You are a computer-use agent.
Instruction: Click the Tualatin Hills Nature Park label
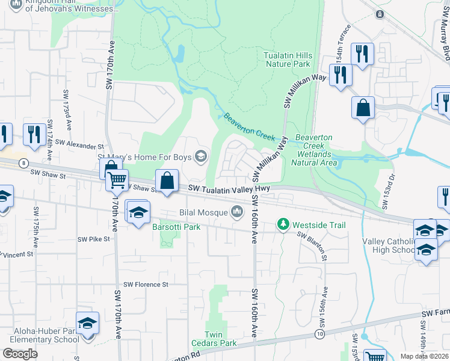[287, 59]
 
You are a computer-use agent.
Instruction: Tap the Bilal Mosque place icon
[238, 212]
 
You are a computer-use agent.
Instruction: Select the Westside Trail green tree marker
[283, 225]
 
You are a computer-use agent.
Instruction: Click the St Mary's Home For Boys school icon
[201, 158]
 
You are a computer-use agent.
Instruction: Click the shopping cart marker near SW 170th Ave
[117, 179]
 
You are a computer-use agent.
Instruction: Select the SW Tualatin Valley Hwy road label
[232, 189]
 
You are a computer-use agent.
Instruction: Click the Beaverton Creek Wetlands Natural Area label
[313, 150]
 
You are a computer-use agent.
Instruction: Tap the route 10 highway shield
[318, 333]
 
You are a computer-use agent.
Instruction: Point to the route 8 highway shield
[23, 162]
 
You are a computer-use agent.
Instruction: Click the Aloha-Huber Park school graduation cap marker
[87, 324]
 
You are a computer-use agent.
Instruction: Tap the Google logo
[20, 354]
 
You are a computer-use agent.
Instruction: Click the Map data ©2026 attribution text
[424, 356]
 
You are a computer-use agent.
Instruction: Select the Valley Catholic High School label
[388, 245]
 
